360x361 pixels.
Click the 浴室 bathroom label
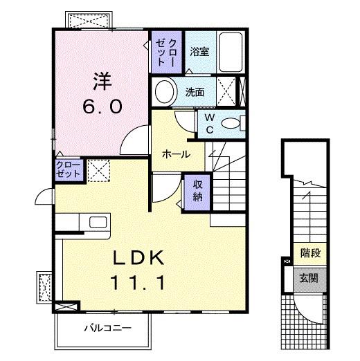(199, 52)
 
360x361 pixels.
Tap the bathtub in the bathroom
(231, 52)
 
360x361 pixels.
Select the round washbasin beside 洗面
(165, 91)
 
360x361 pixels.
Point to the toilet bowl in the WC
(231, 123)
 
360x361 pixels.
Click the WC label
(210, 124)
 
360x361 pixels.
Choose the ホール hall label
(177, 154)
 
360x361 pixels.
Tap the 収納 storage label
(198, 191)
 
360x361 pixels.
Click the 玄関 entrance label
(309, 279)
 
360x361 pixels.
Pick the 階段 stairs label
(310, 253)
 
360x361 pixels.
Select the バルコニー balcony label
(108, 328)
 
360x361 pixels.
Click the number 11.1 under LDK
(138, 283)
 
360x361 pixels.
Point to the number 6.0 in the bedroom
(102, 107)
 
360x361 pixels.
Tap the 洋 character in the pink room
(102, 81)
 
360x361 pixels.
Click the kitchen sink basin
(98, 222)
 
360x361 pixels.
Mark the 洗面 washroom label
(195, 92)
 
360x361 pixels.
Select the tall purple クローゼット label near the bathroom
(166, 53)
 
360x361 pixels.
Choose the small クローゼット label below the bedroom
(68, 169)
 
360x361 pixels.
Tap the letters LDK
(138, 258)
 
